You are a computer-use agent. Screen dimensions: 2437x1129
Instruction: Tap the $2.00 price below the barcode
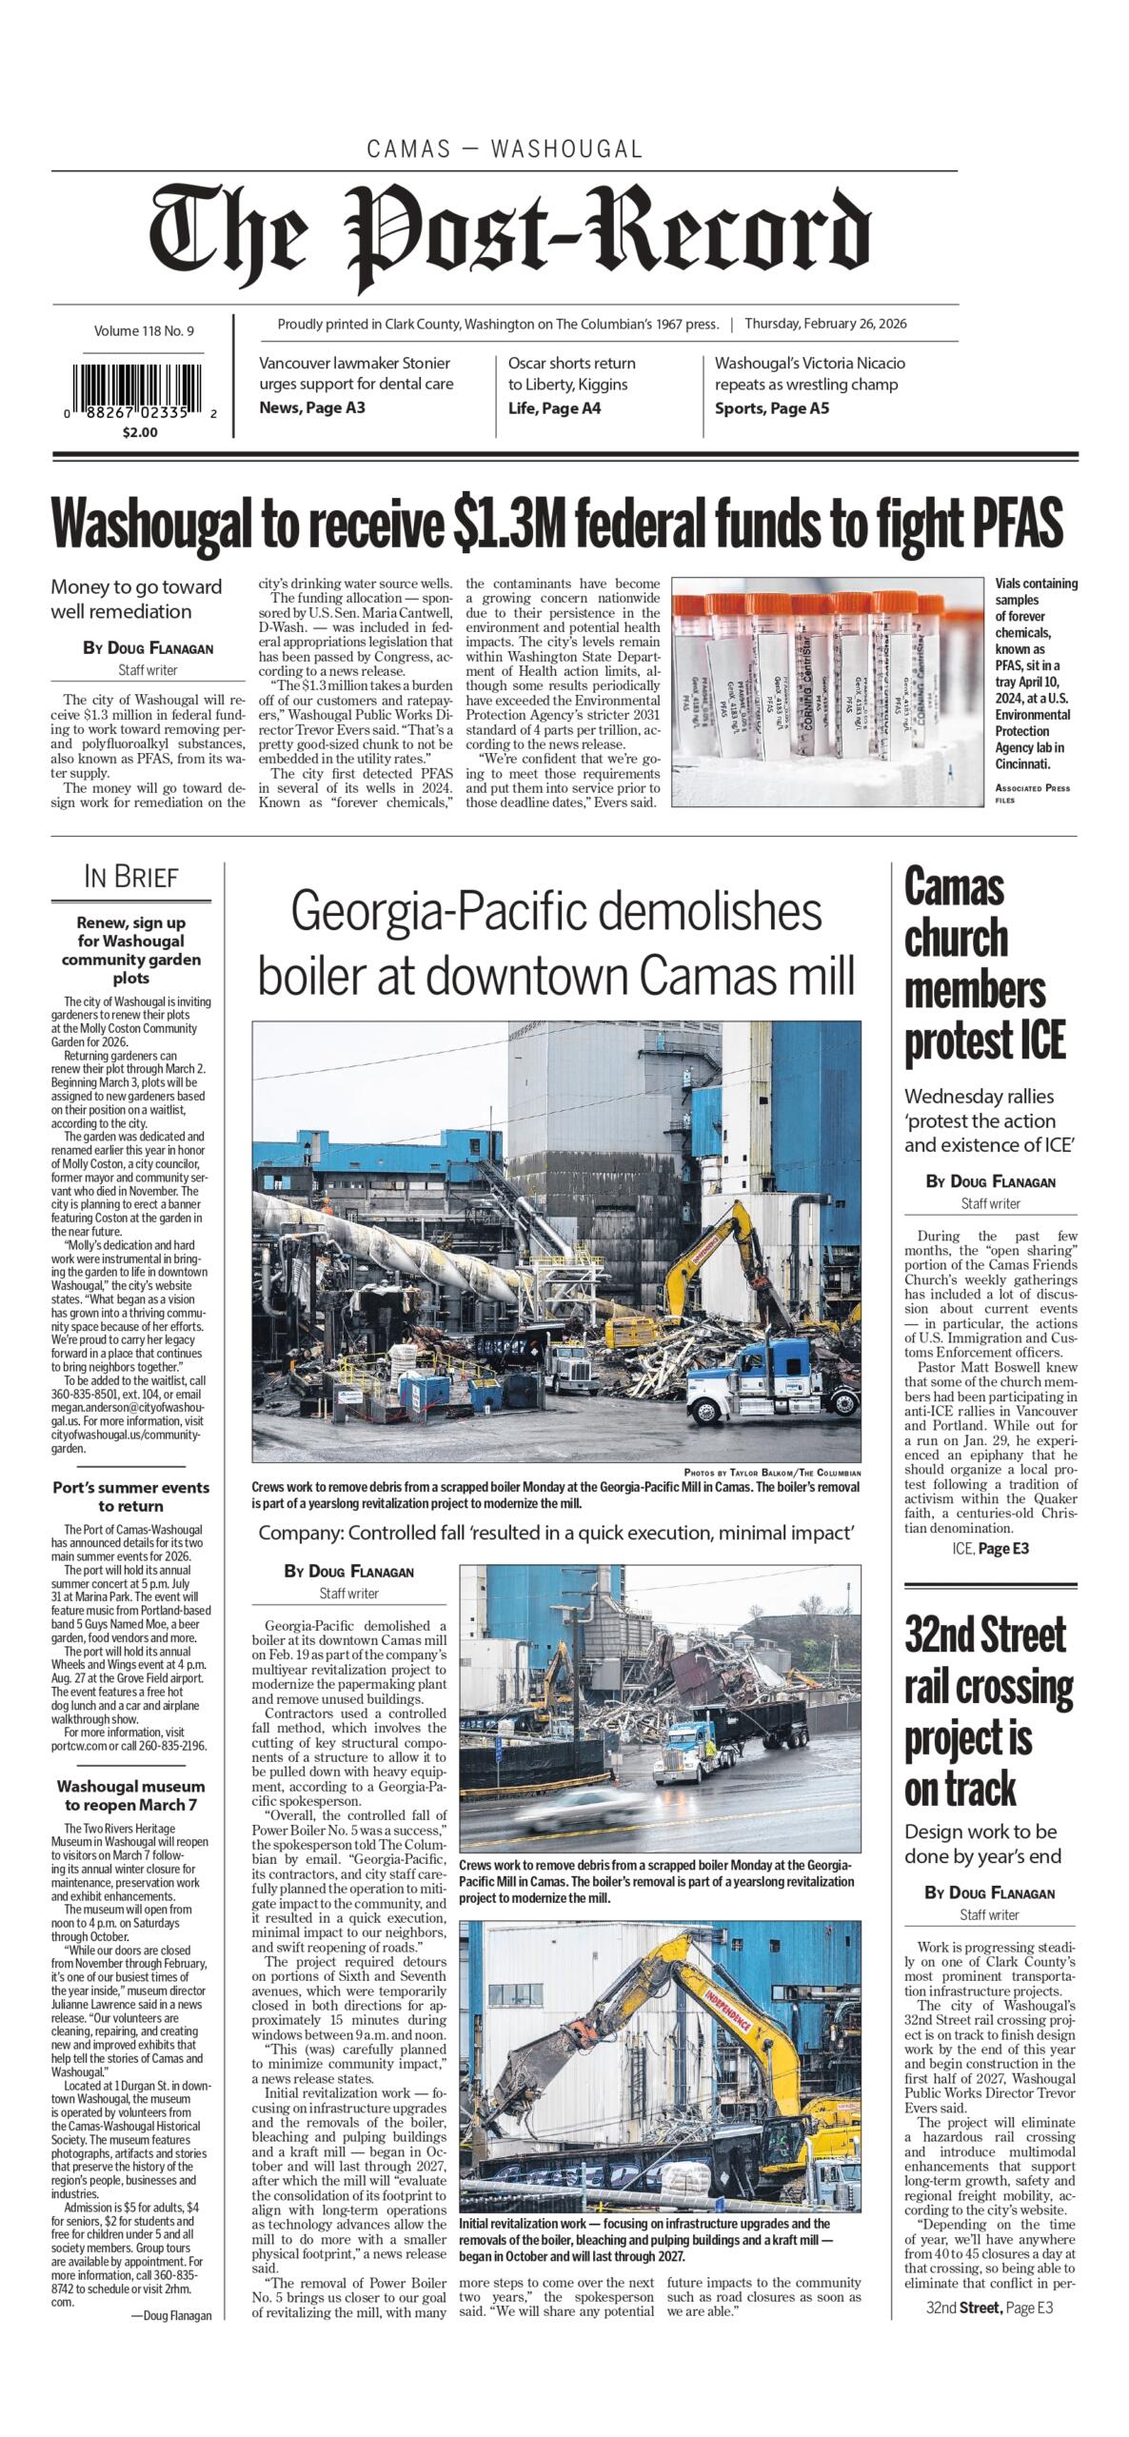pyautogui.click(x=140, y=432)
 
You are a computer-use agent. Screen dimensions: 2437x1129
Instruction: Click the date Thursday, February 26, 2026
pyautogui.click(x=824, y=324)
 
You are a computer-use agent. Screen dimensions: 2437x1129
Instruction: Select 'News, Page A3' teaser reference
pyautogui.click(x=312, y=408)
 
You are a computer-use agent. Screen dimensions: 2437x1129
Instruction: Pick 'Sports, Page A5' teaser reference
pyautogui.click(x=771, y=408)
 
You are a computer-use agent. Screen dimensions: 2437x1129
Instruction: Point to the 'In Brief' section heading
pyautogui.click(x=131, y=877)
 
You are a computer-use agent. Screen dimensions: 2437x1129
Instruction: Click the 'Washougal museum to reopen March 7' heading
pyautogui.click(x=130, y=1795)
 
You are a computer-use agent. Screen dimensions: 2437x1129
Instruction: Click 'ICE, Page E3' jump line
pyautogui.click(x=990, y=1549)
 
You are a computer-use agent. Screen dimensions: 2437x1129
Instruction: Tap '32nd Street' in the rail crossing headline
pyautogui.click(x=984, y=1635)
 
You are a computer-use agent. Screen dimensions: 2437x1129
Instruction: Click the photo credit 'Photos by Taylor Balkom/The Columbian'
pyautogui.click(x=772, y=1473)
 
